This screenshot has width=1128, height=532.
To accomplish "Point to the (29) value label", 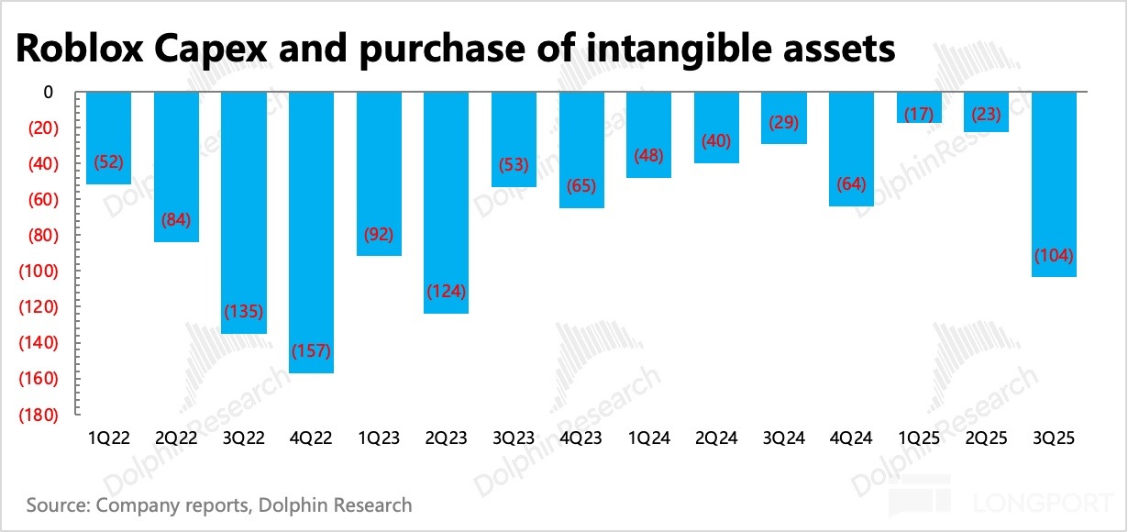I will click(x=783, y=122).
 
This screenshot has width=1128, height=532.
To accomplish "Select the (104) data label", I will click(x=1054, y=255).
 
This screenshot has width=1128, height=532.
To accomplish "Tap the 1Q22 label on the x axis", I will click(x=108, y=438).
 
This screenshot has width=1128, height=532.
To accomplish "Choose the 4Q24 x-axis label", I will click(x=850, y=438).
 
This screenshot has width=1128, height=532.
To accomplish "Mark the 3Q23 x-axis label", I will click(x=513, y=438).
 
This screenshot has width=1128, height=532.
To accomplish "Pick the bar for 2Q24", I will click(x=716, y=127).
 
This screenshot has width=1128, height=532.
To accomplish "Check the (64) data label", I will click(x=850, y=184).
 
